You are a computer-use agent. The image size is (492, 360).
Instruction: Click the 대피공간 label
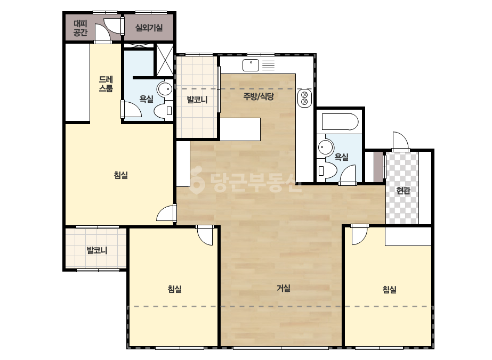[80, 28]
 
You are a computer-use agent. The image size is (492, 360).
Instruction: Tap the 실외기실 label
[149, 28]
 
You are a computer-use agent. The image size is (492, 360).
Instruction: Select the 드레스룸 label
[106, 84]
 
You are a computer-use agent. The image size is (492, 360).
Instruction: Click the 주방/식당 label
[259, 96]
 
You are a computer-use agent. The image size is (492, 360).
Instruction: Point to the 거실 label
[284, 288]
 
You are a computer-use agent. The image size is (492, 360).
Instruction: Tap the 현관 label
[403, 190]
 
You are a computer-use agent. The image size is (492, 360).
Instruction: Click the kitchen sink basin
[251, 65]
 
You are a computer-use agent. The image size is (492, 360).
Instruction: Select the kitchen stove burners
[304, 98]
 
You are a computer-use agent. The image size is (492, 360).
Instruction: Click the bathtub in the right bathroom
[340, 122]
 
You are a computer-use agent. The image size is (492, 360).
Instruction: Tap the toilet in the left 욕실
[163, 111]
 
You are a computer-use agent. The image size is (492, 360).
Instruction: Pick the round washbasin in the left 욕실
[165, 89]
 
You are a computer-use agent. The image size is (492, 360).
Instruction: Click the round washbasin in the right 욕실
[325, 147]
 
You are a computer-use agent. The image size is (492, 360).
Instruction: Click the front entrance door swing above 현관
[401, 142]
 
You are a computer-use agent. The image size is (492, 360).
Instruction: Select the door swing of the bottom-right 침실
[359, 235]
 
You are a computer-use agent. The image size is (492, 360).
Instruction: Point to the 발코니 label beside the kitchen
[197, 100]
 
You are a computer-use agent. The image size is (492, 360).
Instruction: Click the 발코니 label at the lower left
[96, 250]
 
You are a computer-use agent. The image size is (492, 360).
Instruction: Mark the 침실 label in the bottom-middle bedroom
[174, 289]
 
